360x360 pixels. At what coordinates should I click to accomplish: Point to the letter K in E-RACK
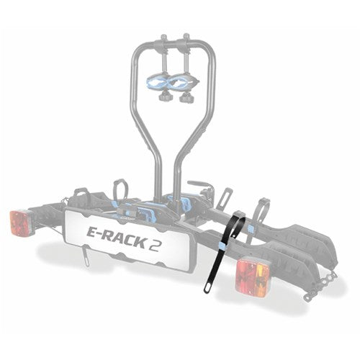coord(138,242)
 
